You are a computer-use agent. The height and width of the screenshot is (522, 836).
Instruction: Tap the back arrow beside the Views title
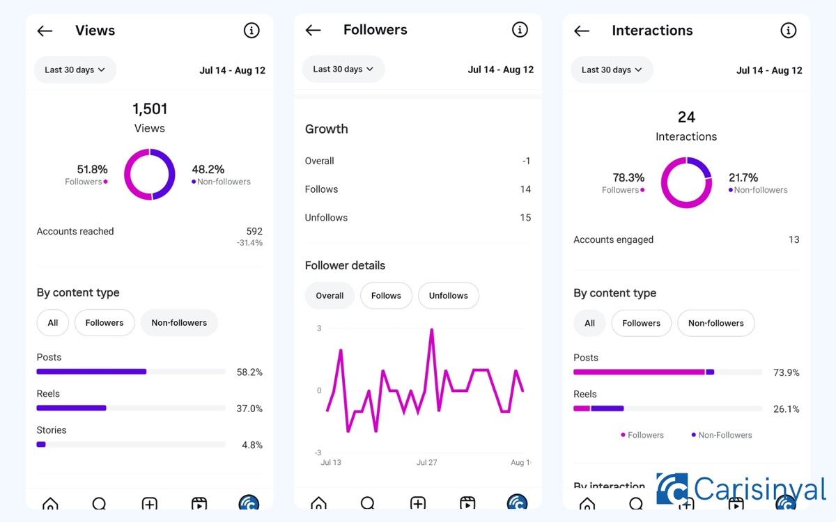pyautogui.click(x=45, y=31)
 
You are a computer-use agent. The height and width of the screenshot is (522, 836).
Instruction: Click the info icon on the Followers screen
pyautogui.click(x=520, y=29)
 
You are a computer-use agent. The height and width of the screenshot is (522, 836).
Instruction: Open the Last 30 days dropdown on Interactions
pyautogui.click(x=611, y=70)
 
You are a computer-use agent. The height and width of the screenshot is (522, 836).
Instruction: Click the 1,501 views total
pyautogui.click(x=150, y=109)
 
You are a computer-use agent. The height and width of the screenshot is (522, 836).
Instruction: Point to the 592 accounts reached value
pyautogui.click(x=254, y=231)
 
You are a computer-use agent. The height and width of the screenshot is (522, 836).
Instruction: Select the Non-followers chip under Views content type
pyautogui.click(x=179, y=323)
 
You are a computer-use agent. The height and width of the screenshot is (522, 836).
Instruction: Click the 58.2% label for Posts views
pyautogui.click(x=249, y=372)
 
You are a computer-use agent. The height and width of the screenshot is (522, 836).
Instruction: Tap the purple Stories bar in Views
pyautogui.click(x=41, y=444)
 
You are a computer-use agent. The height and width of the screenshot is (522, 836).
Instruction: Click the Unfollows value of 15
pyautogui.click(x=525, y=218)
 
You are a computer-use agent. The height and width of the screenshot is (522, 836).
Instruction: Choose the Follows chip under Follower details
pyautogui.click(x=386, y=296)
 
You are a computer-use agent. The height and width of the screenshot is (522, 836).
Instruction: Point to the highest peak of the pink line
pyautogui.click(x=432, y=330)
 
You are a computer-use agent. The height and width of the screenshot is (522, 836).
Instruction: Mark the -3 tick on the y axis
pyautogui.click(x=318, y=452)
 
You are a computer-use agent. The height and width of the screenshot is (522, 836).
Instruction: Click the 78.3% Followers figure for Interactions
pyautogui.click(x=628, y=177)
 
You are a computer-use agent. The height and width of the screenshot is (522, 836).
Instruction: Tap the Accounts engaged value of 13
pyautogui.click(x=794, y=239)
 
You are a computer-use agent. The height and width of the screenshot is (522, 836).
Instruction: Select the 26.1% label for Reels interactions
pyautogui.click(x=786, y=409)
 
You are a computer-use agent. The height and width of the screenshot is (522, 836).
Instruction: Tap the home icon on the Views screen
pyautogui.click(x=50, y=503)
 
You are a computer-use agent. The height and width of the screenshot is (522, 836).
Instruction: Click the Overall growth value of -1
pyautogui.click(x=526, y=161)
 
